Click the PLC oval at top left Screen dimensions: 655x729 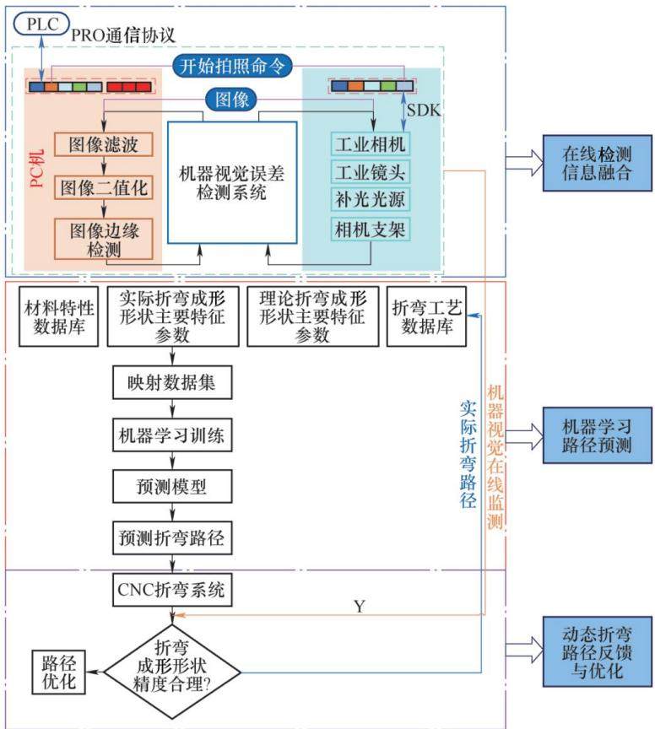point(41,24)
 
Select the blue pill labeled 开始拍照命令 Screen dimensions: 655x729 point(232,66)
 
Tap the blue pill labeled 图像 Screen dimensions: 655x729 point(231,100)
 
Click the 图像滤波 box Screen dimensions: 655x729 point(103,144)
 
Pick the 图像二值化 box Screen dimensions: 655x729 point(103,188)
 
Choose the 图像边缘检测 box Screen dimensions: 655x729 point(103,239)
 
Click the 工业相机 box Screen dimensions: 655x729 point(371,144)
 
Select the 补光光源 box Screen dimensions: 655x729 point(371,199)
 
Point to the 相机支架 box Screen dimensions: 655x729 point(371,229)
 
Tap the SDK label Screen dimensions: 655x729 point(424,111)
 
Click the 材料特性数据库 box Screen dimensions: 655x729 point(58,316)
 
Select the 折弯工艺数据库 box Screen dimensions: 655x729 point(426,316)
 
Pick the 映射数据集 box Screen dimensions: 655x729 point(172,382)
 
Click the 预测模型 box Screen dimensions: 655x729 point(172,486)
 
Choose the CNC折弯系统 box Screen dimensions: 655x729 point(172,590)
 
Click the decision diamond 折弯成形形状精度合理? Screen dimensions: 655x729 point(172,672)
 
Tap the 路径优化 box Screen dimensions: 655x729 point(58,672)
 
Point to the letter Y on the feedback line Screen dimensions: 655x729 point(359,607)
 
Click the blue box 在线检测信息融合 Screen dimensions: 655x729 point(598,163)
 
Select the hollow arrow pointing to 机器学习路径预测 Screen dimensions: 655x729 point(524,436)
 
